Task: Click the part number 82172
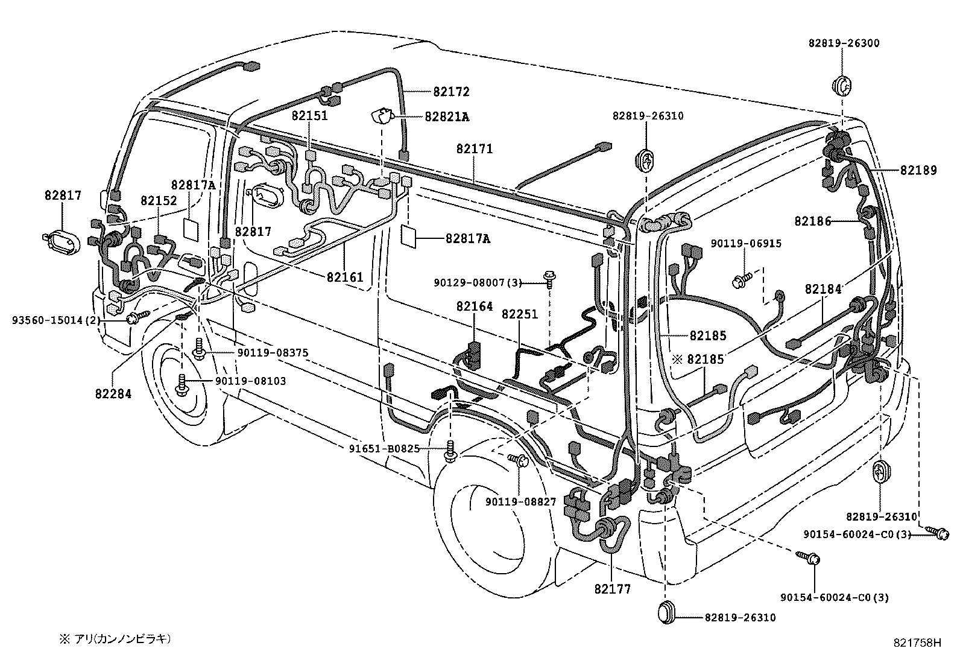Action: click(x=450, y=92)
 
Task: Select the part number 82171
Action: click(x=474, y=148)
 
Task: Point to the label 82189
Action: click(x=918, y=171)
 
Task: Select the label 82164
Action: click(x=474, y=306)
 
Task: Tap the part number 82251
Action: click(x=519, y=314)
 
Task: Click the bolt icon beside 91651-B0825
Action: click(x=450, y=451)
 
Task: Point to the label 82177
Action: click(x=612, y=589)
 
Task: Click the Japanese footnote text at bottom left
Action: click(x=115, y=638)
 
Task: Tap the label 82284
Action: click(x=113, y=394)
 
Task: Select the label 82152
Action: click(x=159, y=201)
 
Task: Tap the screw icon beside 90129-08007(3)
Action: click(x=550, y=278)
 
